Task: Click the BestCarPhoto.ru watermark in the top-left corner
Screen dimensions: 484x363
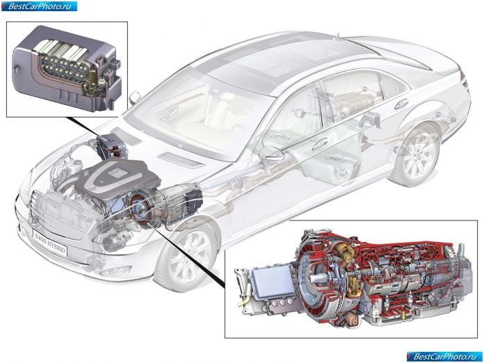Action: point(39,6)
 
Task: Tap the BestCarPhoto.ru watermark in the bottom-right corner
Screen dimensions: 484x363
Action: point(444,357)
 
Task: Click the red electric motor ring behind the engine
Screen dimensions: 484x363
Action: point(141,209)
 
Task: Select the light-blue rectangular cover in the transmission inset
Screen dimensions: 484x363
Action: point(273,282)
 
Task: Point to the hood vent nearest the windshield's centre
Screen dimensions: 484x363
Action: point(181,159)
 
